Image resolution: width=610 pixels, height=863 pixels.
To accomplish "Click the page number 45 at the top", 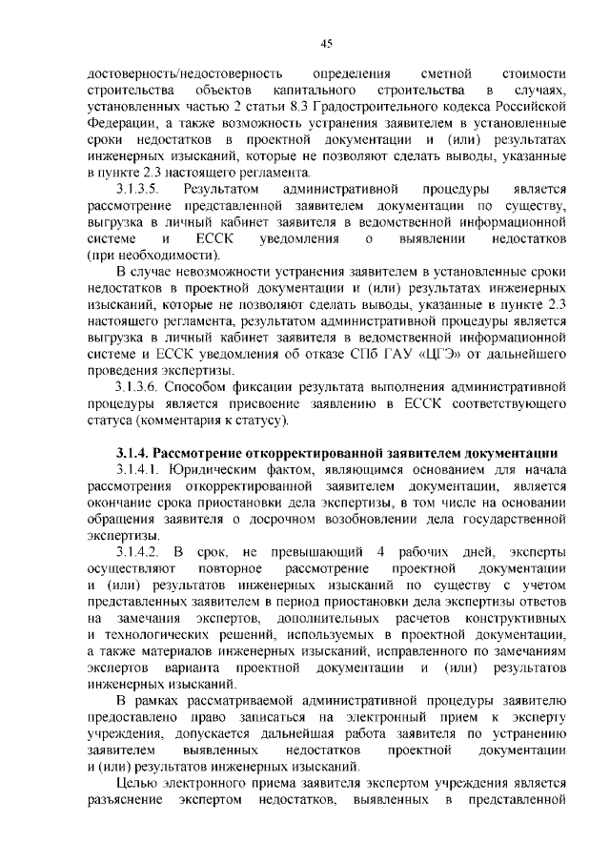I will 326,43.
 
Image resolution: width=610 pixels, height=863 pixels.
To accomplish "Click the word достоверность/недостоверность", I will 185,74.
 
